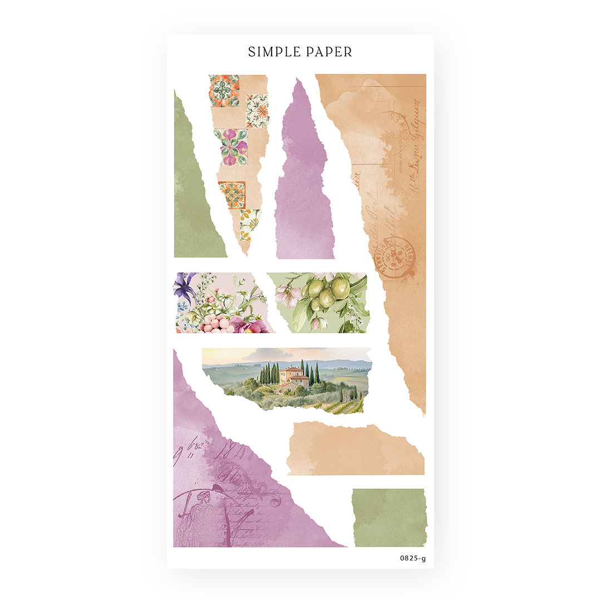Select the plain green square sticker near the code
point(389,518)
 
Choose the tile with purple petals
point(230,147)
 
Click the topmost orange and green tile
point(224,90)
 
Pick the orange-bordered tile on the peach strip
point(232,195)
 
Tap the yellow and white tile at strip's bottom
point(249,224)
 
